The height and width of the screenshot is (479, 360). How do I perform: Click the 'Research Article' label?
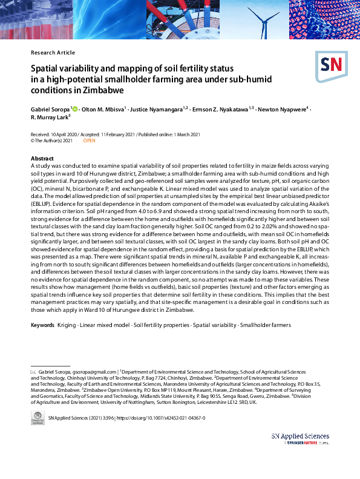tap(53, 53)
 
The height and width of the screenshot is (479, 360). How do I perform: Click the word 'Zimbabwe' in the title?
tap(103, 90)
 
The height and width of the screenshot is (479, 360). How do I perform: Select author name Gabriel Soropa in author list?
tap(50, 109)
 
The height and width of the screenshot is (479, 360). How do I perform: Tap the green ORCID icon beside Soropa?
tap(74, 109)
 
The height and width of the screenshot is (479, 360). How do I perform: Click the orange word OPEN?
tap(89, 140)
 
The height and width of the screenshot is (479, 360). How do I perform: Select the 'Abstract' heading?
tap(42, 159)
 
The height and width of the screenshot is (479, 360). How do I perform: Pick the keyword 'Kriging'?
tap(67, 326)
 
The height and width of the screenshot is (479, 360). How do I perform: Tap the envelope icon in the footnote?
tap(34, 371)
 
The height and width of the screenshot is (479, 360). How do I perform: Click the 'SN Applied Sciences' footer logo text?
tap(300, 437)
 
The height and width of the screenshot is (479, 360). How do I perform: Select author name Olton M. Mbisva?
tap(102, 109)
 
